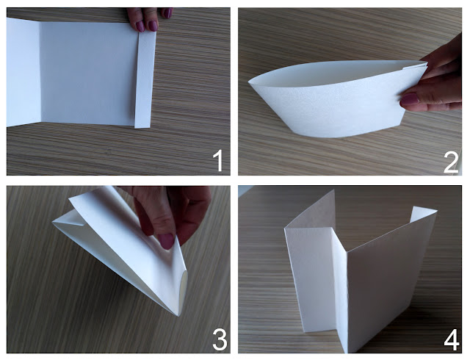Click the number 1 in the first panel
tap(219, 161)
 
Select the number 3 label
tap(220, 339)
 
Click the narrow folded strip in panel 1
tap(145, 79)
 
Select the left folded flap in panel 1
tap(23, 72)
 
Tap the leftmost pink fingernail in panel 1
tap(140, 26)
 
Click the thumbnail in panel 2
tap(410, 98)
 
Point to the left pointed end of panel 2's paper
tap(250, 82)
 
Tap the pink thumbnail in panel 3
tap(166, 241)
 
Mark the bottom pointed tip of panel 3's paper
tap(178, 315)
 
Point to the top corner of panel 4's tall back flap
tap(334, 190)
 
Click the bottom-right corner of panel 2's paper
tap(401, 126)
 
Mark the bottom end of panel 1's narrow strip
tap(142, 128)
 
